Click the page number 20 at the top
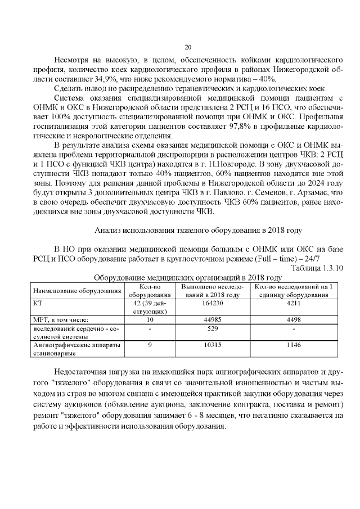(x=188, y=47)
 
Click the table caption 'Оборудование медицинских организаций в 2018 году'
(x=187, y=277)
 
